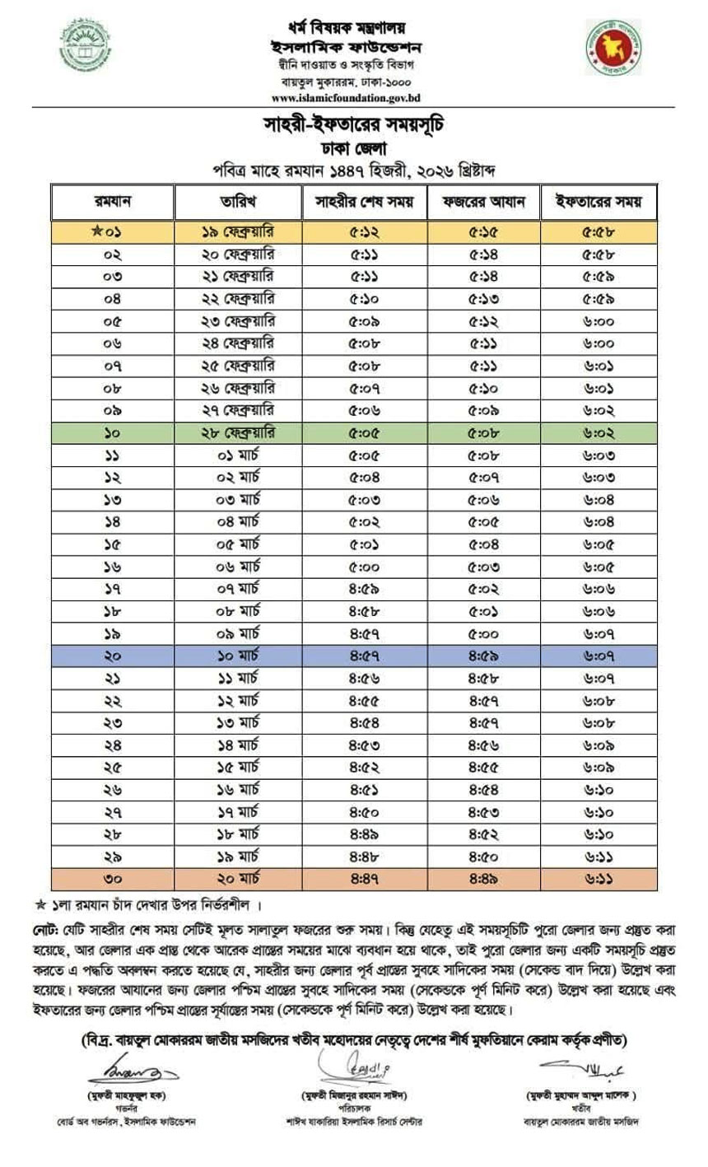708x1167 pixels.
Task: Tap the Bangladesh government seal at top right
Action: tap(614, 47)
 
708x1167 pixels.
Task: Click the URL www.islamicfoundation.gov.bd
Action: tap(346, 97)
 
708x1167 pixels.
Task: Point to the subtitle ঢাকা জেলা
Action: tap(354, 148)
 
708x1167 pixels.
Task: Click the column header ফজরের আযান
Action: tap(483, 202)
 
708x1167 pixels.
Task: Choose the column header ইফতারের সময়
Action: tap(599, 202)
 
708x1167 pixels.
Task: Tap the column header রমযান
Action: tap(113, 202)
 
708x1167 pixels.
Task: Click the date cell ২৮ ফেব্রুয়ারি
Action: tap(238, 432)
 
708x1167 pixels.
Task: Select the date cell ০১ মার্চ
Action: tap(238, 455)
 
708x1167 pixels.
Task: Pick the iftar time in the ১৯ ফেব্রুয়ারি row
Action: tap(599, 232)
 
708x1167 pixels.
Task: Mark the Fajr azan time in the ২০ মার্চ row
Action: tap(483, 879)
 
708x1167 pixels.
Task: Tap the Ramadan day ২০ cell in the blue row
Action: tap(113, 656)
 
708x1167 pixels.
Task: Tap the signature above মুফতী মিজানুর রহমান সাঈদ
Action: tap(355, 1070)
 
